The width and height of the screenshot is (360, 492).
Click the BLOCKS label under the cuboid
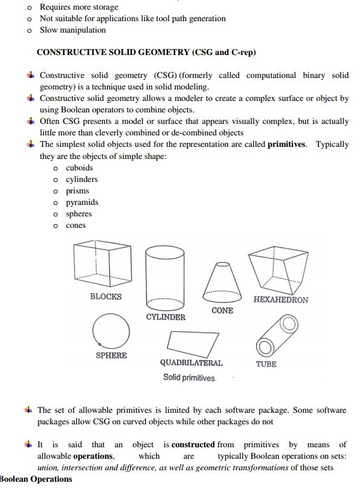[x=106, y=297]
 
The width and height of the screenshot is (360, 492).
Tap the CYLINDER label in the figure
[x=166, y=317]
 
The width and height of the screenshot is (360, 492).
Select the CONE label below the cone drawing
[x=222, y=311]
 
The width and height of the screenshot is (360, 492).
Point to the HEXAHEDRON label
[x=281, y=300]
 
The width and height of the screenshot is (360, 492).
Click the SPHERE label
[x=111, y=355]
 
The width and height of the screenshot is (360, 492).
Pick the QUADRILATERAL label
[x=191, y=363]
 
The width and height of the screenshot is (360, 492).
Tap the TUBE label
[x=266, y=364]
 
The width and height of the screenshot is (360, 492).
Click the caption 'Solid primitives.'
[x=190, y=378]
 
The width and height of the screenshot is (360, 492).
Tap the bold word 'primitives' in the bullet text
[x=286, y=144]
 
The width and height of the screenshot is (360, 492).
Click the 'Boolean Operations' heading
[x=36, y=479]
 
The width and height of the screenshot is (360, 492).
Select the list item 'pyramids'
[x=82, y=202]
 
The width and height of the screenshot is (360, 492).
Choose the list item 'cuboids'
[x=79, y=168]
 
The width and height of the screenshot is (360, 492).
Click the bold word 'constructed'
[x=193, y=445]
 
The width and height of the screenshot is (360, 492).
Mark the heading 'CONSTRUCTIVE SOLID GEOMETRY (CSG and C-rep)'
[x=146, y=52]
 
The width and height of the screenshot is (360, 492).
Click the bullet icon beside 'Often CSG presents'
[x=30, y=121]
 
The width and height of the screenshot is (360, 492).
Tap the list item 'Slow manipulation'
[x=72, y=30]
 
